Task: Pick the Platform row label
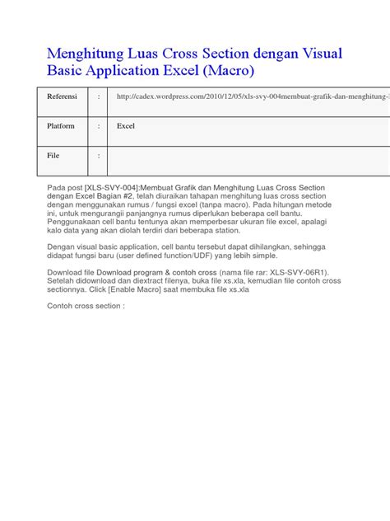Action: (x=60, y=126)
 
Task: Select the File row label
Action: (x=53, y=155)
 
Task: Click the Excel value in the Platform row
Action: (x=126, y=126)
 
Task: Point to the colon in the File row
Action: (x=99, y=155)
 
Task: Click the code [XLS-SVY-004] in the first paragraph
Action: (x=112, y=188)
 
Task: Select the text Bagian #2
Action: (x=153, y=196)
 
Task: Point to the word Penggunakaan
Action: (x=80, y=223)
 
